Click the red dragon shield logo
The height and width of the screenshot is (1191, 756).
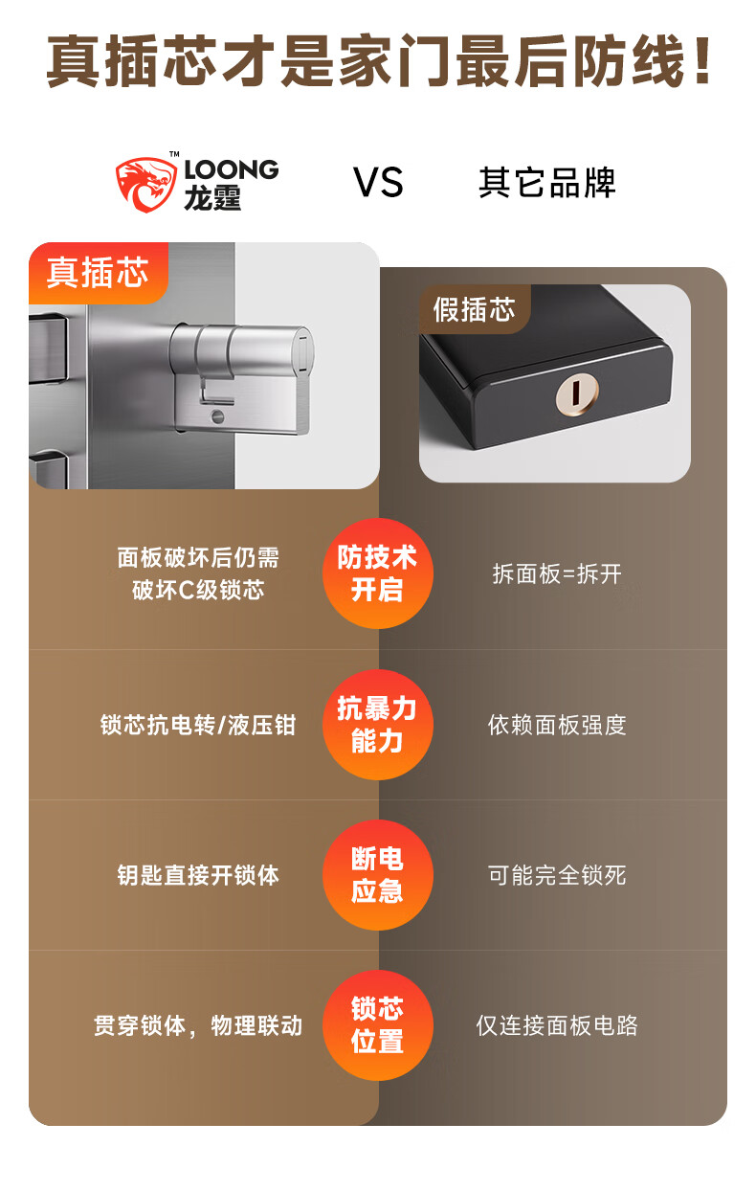146,183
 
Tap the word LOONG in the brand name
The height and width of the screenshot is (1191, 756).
231,170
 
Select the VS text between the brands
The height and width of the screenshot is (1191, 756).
378,183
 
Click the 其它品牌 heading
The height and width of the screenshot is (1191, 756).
546,183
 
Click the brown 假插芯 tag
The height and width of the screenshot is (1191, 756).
474,309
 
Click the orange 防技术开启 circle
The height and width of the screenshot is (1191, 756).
377,573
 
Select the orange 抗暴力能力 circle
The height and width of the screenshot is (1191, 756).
377,725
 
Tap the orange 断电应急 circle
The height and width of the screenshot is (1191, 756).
377,875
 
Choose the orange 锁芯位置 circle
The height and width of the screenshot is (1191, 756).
377,1025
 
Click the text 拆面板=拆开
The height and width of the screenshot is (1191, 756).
557,573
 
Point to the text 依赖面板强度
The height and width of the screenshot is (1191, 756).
557,725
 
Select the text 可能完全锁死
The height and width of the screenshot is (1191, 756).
557,875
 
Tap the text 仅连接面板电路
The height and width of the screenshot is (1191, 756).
557,1025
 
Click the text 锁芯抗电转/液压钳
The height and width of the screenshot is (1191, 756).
198,725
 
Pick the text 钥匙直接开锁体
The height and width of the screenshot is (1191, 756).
198,875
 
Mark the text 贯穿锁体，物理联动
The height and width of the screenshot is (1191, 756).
198,1025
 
